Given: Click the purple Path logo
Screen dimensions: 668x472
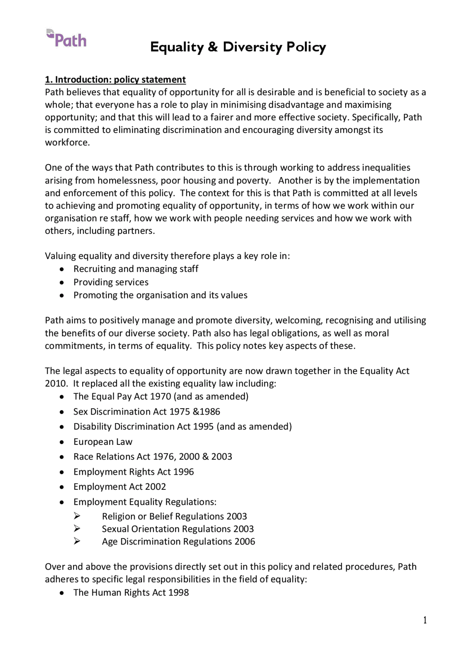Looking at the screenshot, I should point(67,39).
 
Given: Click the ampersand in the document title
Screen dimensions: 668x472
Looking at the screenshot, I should point(213,47).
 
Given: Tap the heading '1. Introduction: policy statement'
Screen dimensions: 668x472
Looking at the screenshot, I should point(115,80).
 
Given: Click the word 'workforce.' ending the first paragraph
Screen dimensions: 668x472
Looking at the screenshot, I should point(67,143).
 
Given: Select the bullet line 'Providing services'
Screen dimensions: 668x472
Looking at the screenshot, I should point(111,282).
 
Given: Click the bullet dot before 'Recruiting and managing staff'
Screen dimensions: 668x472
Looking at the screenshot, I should point(62,269).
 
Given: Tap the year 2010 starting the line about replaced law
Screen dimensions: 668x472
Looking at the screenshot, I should point(56,384).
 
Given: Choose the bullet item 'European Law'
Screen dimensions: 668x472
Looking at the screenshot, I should point(103,442).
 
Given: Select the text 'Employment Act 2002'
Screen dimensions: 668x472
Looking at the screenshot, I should point(119,487).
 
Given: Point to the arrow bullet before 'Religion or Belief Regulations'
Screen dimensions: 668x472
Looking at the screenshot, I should point(77,516).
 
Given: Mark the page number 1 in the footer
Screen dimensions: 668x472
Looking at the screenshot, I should point(425,620).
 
